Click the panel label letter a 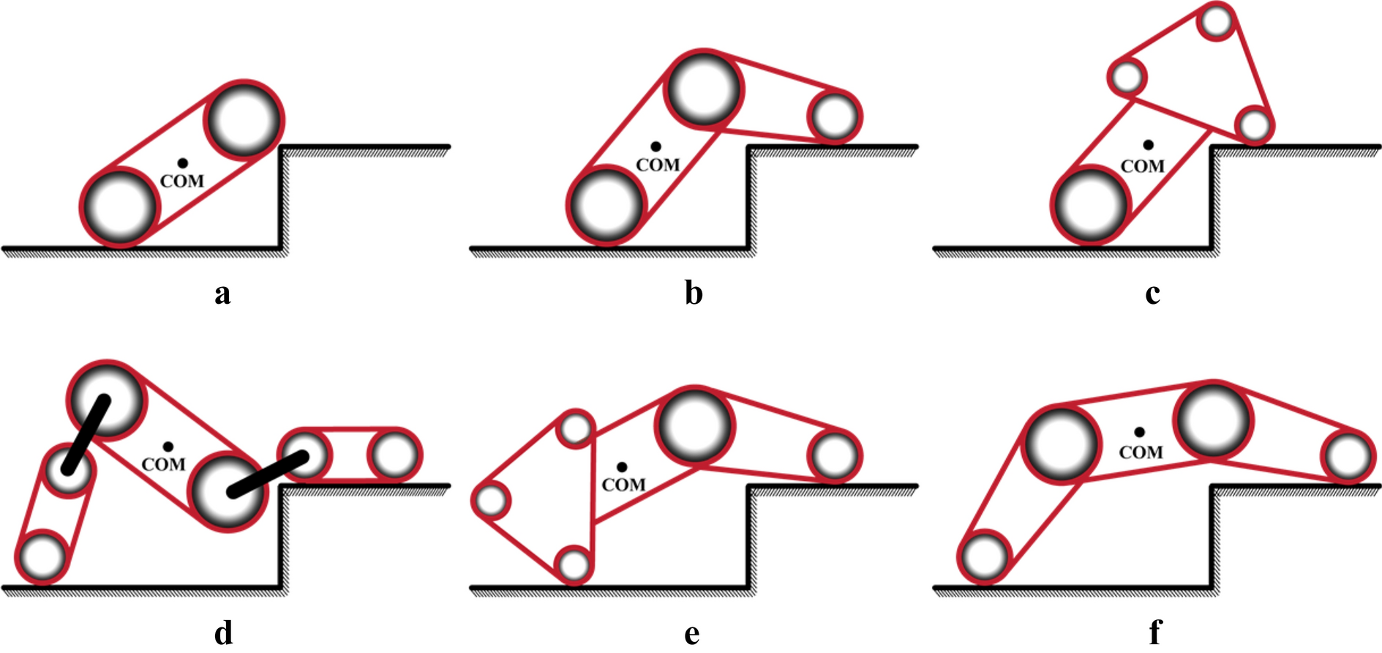(222, 294)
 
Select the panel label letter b (694, 293)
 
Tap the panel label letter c (1153, 294)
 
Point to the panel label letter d (224, 632)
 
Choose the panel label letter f (1155, 632)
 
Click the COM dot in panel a (182, 163)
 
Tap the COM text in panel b (658, 165)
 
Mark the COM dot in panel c (1148, 145)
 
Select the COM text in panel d (163, 465)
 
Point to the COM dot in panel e (621, 467)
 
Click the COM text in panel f (1141, 453)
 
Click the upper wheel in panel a (244, 119)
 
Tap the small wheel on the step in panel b (835, 116)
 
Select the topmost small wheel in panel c (1217, 22)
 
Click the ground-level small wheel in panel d (42, 556)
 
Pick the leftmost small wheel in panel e (492, 501)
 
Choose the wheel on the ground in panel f (985, 556)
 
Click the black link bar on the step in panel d (267, 474)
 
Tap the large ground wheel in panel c (1090, 205)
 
